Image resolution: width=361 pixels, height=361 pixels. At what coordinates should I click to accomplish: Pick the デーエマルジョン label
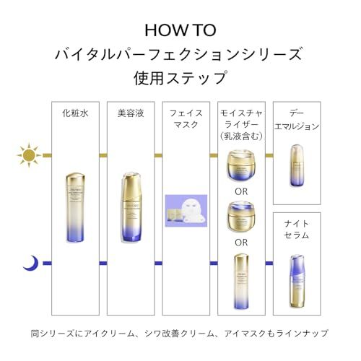point(297,119)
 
